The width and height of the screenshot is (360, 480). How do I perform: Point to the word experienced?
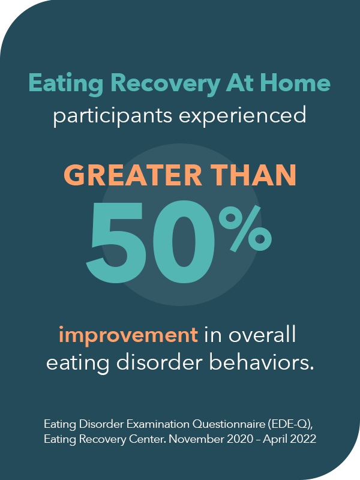coord(247,115)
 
